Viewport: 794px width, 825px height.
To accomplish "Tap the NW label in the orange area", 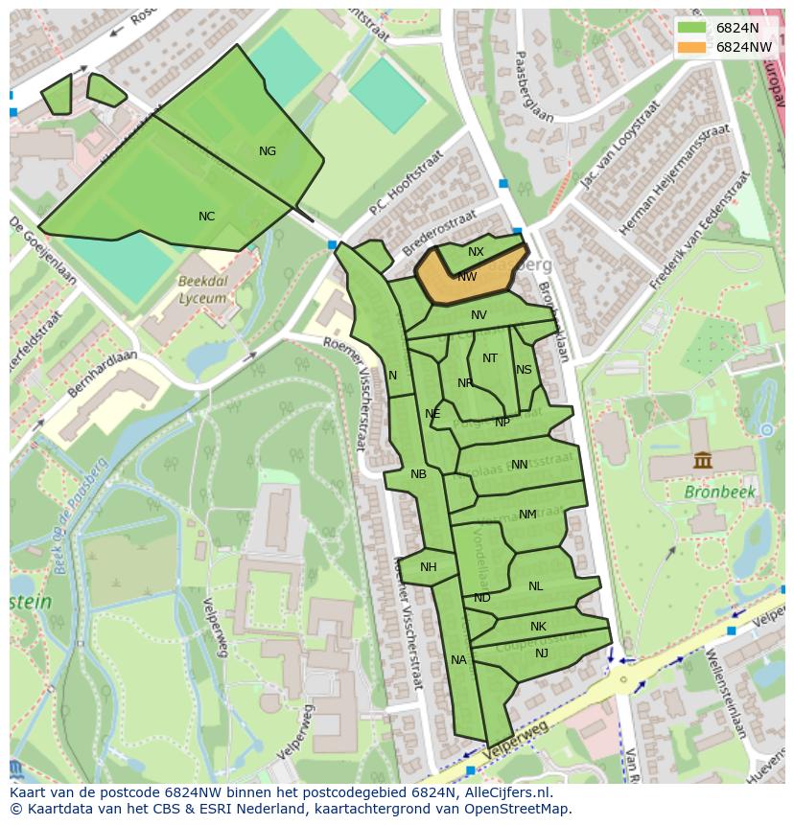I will point(467,277).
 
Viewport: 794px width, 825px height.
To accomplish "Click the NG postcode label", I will point(268,150).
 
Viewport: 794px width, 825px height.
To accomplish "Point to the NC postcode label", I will point(206,217).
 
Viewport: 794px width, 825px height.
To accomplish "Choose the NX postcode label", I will point(476,252).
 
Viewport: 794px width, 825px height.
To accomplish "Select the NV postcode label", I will point(479,314).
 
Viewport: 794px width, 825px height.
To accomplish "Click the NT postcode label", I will point(490,358).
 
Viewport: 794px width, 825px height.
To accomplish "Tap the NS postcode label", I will point(524,370).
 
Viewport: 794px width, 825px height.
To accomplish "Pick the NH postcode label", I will point(428,567).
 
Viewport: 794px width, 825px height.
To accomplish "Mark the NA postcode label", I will point(458,659).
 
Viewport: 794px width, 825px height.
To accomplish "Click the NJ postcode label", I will point(542,653).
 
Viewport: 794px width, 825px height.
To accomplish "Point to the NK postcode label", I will point(538,627).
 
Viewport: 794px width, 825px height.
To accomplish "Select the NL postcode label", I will point(535,586).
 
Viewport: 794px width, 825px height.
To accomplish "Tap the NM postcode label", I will point(527,515).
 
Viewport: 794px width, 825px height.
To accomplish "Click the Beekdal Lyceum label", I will point(202,290).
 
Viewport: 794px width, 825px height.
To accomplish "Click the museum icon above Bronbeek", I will point(703,461).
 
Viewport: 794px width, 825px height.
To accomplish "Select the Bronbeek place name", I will point(720,492).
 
